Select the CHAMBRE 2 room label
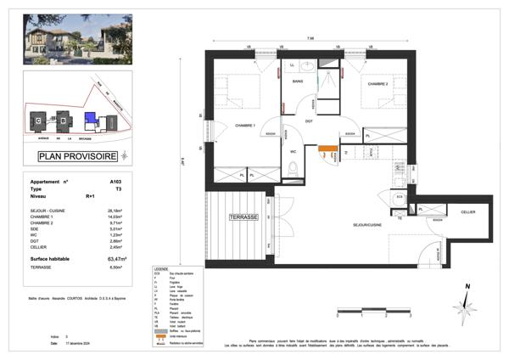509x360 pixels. click(378, 84)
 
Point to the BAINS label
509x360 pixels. click(299, 82)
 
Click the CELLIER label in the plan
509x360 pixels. click(468, 211)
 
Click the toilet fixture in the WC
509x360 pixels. click(292, 172)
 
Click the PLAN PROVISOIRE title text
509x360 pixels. click(78, 156)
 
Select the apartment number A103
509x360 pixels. click(115, 182)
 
